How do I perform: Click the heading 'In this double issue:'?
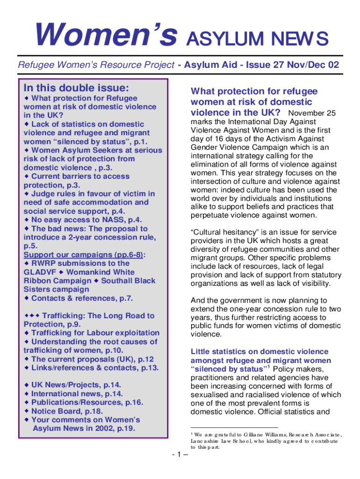pyautogui.click(x=76, y=88)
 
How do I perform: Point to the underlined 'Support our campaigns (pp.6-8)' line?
pyautogui.click(x=84, y=255)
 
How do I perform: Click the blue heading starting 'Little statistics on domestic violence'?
pyautogui.click(x=259, y=352)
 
